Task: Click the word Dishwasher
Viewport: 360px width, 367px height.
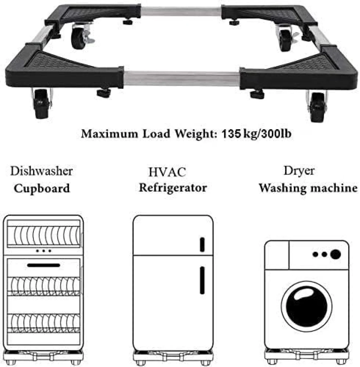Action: (41, 171)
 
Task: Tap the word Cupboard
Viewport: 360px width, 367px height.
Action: (42, 188)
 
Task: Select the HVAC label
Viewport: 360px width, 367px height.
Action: (167, 172)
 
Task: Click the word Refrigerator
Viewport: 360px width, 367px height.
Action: (173, 188)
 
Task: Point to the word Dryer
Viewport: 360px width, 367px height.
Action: (299, 171)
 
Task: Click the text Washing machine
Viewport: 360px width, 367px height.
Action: (308, 188)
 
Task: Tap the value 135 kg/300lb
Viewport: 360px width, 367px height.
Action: (256, 134)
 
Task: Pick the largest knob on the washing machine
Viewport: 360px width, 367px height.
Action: (335, 254)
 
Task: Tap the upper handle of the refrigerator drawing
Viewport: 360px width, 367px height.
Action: (202, 244)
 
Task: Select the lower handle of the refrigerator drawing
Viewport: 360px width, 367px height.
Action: (202, 280)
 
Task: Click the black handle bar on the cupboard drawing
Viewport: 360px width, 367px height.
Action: (44, 265)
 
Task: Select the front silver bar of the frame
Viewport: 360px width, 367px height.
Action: (182, 76)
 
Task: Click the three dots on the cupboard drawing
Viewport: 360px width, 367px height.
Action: (44, 251)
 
